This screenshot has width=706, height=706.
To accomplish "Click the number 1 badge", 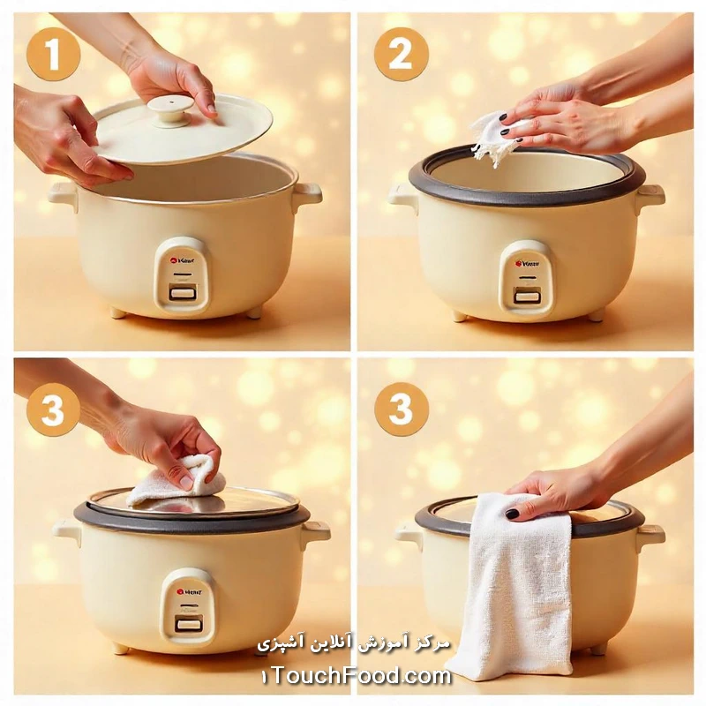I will [52, 55].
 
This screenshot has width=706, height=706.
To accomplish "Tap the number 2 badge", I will [401, 55].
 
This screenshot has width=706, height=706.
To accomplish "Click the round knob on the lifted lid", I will [170, 109].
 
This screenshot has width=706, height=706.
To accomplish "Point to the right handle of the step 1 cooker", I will [306, 194].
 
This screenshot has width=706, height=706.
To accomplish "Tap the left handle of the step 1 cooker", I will [64, 194].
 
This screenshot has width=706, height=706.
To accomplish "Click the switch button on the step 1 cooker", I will [183, 293].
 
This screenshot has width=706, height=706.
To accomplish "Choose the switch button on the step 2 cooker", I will [527, 297].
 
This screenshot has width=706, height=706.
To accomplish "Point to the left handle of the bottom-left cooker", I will [67, 531].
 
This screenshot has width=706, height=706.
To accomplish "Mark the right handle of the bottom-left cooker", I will [315, 531].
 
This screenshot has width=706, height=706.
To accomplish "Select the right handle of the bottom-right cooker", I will [650, 534].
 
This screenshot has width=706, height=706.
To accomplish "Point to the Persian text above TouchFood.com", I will [353, 642].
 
